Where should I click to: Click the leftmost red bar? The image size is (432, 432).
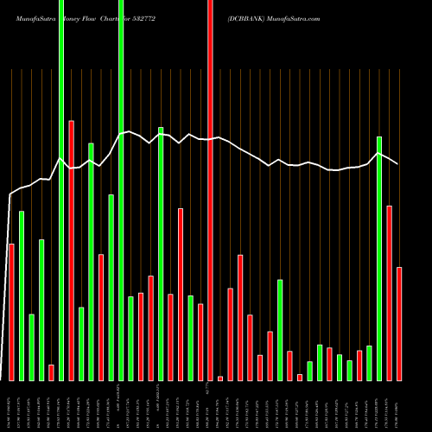[x=11, y=312]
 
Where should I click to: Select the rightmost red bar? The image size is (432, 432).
[x=399, y=324]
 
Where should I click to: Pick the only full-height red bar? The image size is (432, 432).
[x=210, y=190]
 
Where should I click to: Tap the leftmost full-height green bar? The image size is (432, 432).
[x=61, y=190]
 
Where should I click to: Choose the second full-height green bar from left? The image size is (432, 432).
[x=121, y=190]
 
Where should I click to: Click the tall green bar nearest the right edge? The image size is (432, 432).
[x=379, y=258]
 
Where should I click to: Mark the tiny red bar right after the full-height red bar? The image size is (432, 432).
[x=220, y=378]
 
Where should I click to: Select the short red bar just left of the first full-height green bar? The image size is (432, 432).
[x=51, y=372]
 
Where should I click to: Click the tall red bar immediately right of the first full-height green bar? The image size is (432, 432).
[x=71, y=251]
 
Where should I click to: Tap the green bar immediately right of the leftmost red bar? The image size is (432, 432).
[x=22, y=295]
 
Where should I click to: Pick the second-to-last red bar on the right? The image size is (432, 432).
[x=390, y=293]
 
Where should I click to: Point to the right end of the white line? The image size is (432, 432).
[x=397, y=163]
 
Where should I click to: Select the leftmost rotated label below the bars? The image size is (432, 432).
[x=11, y=406]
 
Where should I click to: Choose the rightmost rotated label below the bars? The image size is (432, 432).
[x=399, y=406]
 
